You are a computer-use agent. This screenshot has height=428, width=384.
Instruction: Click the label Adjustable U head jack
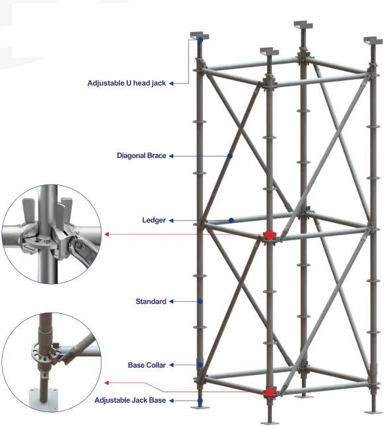click(127, 84)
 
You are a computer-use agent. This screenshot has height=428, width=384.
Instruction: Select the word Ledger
click(153, 220)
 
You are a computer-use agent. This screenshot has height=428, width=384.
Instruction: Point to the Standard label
click(151, 301)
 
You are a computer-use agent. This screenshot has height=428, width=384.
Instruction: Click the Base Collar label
click(147, 365)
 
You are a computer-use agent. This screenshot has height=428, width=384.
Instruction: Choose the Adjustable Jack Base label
click(130, 400)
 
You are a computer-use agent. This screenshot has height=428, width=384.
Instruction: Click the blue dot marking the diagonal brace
click(229, 157)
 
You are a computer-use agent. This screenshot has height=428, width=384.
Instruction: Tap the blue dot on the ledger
click(231, 220)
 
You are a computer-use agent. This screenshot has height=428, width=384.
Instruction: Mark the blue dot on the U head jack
click(200, 40)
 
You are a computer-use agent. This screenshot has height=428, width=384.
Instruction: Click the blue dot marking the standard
click(200, 302)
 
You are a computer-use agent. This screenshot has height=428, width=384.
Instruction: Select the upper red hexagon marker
click(269, 234)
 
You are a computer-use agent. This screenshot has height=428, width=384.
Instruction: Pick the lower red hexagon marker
click(269, 392)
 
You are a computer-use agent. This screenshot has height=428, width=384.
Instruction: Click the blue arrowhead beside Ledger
click(172, 220)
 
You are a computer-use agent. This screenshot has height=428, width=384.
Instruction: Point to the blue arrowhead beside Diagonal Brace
click(172, 156)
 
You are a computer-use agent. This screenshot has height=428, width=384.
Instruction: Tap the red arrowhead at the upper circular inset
click(108, 234)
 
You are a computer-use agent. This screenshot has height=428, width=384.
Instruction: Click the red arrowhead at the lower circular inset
click(108, 383)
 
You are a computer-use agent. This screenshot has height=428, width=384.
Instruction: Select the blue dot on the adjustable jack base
click(200, 400)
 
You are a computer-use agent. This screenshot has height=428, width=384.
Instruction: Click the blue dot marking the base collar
click(200, 365)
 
